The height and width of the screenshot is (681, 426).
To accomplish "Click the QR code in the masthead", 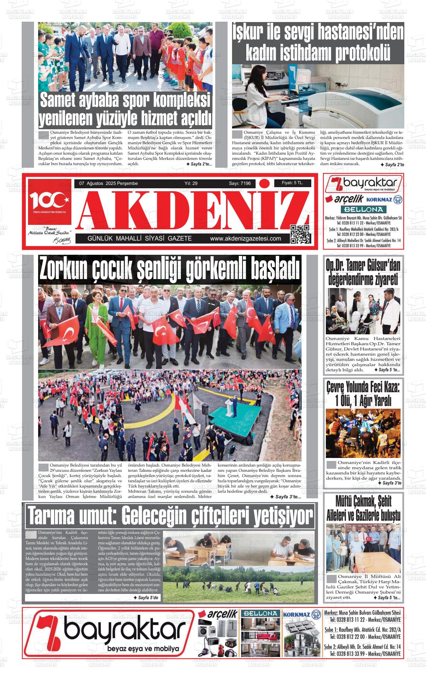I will point(300,234).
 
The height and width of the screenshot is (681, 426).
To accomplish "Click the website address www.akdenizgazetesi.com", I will point(246,239).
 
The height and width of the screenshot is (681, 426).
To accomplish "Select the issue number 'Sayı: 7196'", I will point(240,183).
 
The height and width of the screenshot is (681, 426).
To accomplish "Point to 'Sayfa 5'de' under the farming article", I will point(146,598).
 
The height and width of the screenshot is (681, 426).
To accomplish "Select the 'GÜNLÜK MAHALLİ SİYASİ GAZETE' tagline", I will point(139,239).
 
